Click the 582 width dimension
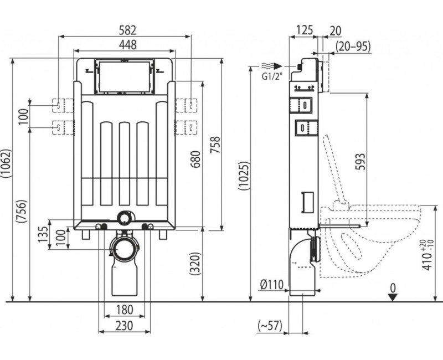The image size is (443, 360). pos(126,29)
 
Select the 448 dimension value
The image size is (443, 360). pos(126,44)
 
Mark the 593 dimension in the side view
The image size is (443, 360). pos(360,160)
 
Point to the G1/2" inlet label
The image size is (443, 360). pos(271,76)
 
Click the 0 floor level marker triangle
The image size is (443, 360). pos(393,297)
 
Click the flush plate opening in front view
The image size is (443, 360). pos(122,76)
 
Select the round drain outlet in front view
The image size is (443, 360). pos(123,251)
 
